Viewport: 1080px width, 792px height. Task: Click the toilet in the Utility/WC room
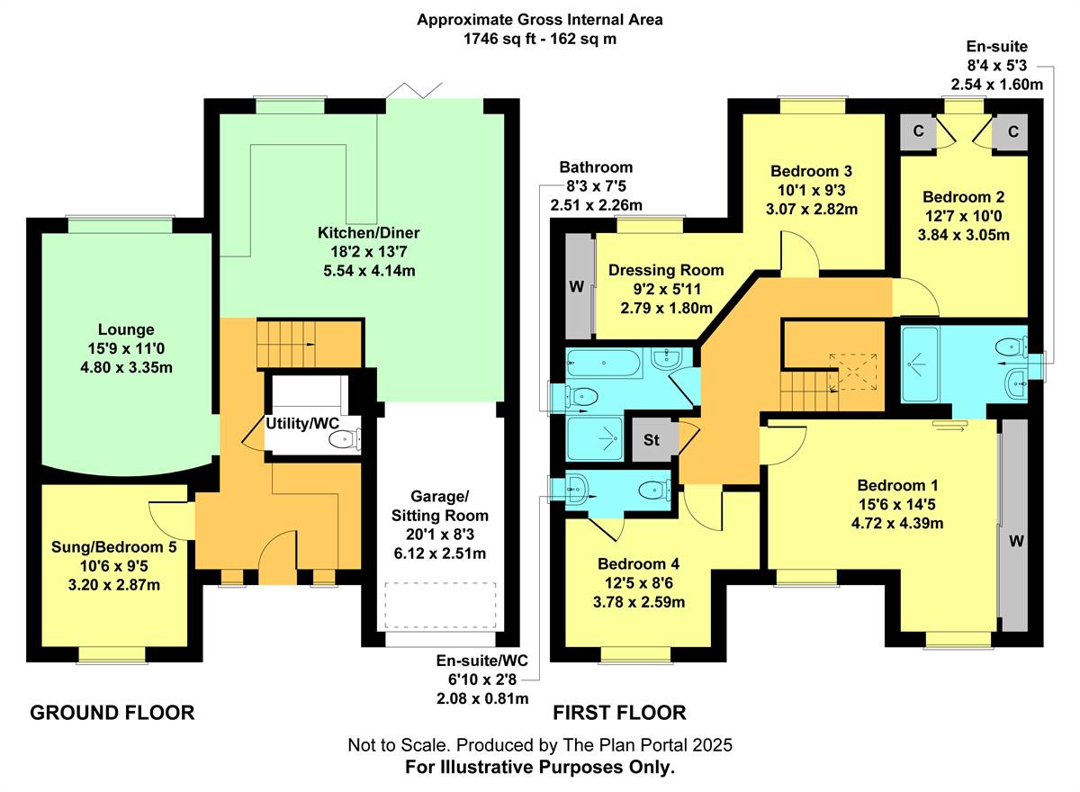(x=344, y=439)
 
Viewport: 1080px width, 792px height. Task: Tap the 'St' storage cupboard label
(x=652, y=440)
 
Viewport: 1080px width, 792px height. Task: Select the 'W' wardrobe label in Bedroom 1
(x=1015, y=543)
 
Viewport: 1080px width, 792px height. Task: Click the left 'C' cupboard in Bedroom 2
(x=918, y=132)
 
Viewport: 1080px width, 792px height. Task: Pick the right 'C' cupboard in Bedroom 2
(x=1012, y=132)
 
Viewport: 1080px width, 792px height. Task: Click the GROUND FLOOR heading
(x=112, y=713)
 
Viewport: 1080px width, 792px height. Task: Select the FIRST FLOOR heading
(x=619, y=713)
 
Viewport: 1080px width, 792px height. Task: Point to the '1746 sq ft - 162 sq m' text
(x=539, y=39)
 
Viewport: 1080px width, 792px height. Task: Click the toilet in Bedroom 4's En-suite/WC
(x=649, y=490)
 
